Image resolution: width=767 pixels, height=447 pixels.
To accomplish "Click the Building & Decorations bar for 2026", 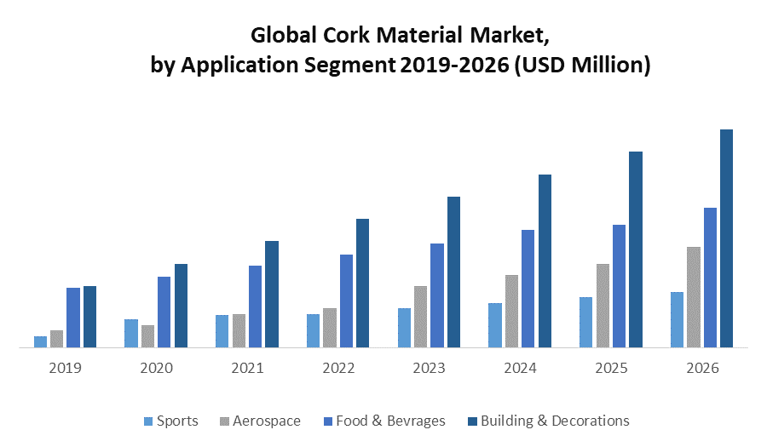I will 726,238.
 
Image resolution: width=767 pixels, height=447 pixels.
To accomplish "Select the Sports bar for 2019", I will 40,341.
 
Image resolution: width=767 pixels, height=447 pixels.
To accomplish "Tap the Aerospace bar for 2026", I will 694,297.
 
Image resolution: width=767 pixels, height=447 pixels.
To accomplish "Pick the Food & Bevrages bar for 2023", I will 437,295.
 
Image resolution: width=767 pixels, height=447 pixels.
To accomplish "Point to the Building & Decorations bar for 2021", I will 272,294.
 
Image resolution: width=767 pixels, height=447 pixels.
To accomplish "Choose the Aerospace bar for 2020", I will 147,336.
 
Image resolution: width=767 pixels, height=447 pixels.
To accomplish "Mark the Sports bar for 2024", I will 494,325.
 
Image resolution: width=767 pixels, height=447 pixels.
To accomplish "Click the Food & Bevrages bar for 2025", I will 619,286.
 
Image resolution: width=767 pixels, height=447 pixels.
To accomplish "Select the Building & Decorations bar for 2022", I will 362,283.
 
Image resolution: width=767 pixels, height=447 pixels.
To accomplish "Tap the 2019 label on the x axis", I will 65,369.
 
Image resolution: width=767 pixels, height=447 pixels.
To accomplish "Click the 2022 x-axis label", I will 338,369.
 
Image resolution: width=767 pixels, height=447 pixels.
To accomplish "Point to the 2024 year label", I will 520,369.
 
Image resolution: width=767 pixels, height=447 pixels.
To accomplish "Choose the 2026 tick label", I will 702,369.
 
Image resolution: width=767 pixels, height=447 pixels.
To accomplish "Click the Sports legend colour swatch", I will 148,421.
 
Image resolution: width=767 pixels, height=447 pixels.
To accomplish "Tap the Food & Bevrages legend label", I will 390,421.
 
